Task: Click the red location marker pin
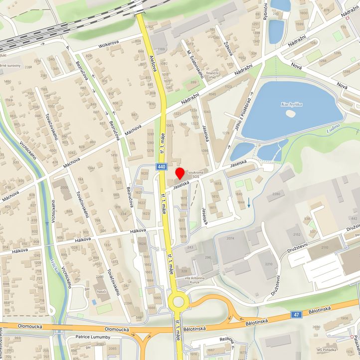180,173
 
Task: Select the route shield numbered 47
297,315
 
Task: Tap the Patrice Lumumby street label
91,337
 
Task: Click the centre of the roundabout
178,302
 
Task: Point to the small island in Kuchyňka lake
291,114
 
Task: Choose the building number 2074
230,239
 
